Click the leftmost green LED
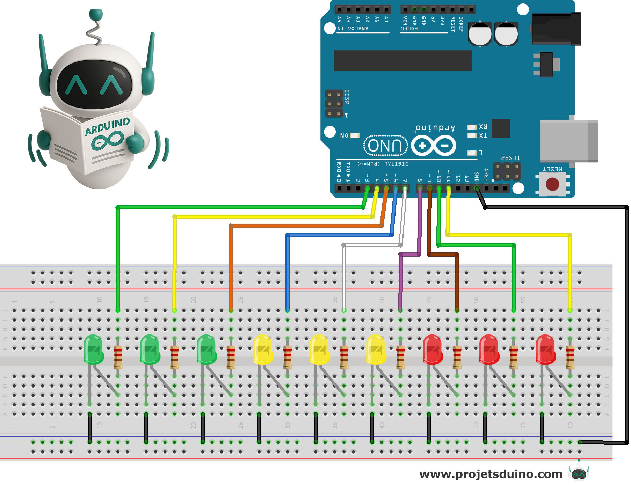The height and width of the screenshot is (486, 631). tap(93, 349)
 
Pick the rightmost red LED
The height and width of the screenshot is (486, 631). tap(545, 349)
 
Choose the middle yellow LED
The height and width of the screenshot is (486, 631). tap(319, 349)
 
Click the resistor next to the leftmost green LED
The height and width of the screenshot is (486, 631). tap(118, 357)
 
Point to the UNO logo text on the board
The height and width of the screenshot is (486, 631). tap(386, 145)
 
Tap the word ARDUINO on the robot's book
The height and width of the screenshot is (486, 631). tap(108, 126)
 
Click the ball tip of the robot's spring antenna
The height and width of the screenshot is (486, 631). tap(96, 14)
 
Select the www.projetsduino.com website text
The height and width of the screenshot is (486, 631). tap(491, 474)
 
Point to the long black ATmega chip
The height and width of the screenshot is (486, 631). tap(403, 60)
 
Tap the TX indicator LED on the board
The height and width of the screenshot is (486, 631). tap(472, 135)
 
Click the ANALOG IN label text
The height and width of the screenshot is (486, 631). tap(353, 28)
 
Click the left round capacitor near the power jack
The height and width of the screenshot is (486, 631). tap(480, 34)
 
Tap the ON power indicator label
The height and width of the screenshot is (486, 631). tap(344, 135)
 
